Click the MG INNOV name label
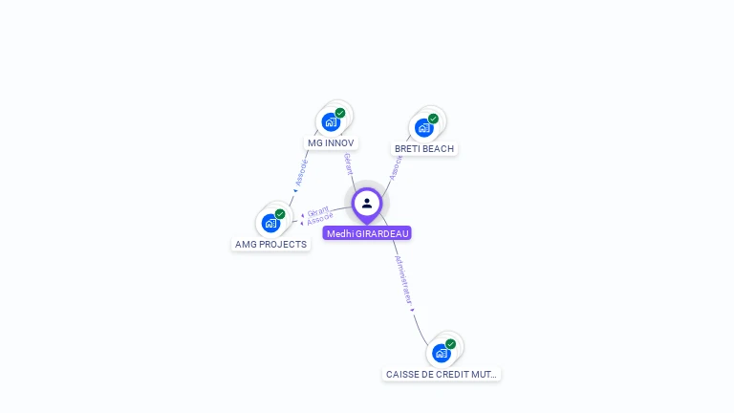331,143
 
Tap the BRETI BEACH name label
424,149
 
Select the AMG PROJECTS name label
271,245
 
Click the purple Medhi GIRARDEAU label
367,233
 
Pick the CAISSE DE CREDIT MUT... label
442,375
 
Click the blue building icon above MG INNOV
331,122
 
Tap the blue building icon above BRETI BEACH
423,128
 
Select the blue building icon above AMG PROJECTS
270,224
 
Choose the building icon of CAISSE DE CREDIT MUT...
441,353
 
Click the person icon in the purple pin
367,203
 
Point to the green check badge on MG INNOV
340,113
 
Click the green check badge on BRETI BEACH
433,119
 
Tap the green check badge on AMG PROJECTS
280,214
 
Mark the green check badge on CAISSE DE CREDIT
450,343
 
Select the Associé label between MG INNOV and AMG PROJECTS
302,172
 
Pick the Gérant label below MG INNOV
348,163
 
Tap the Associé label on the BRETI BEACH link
395,168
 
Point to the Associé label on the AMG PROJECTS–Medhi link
320,220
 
